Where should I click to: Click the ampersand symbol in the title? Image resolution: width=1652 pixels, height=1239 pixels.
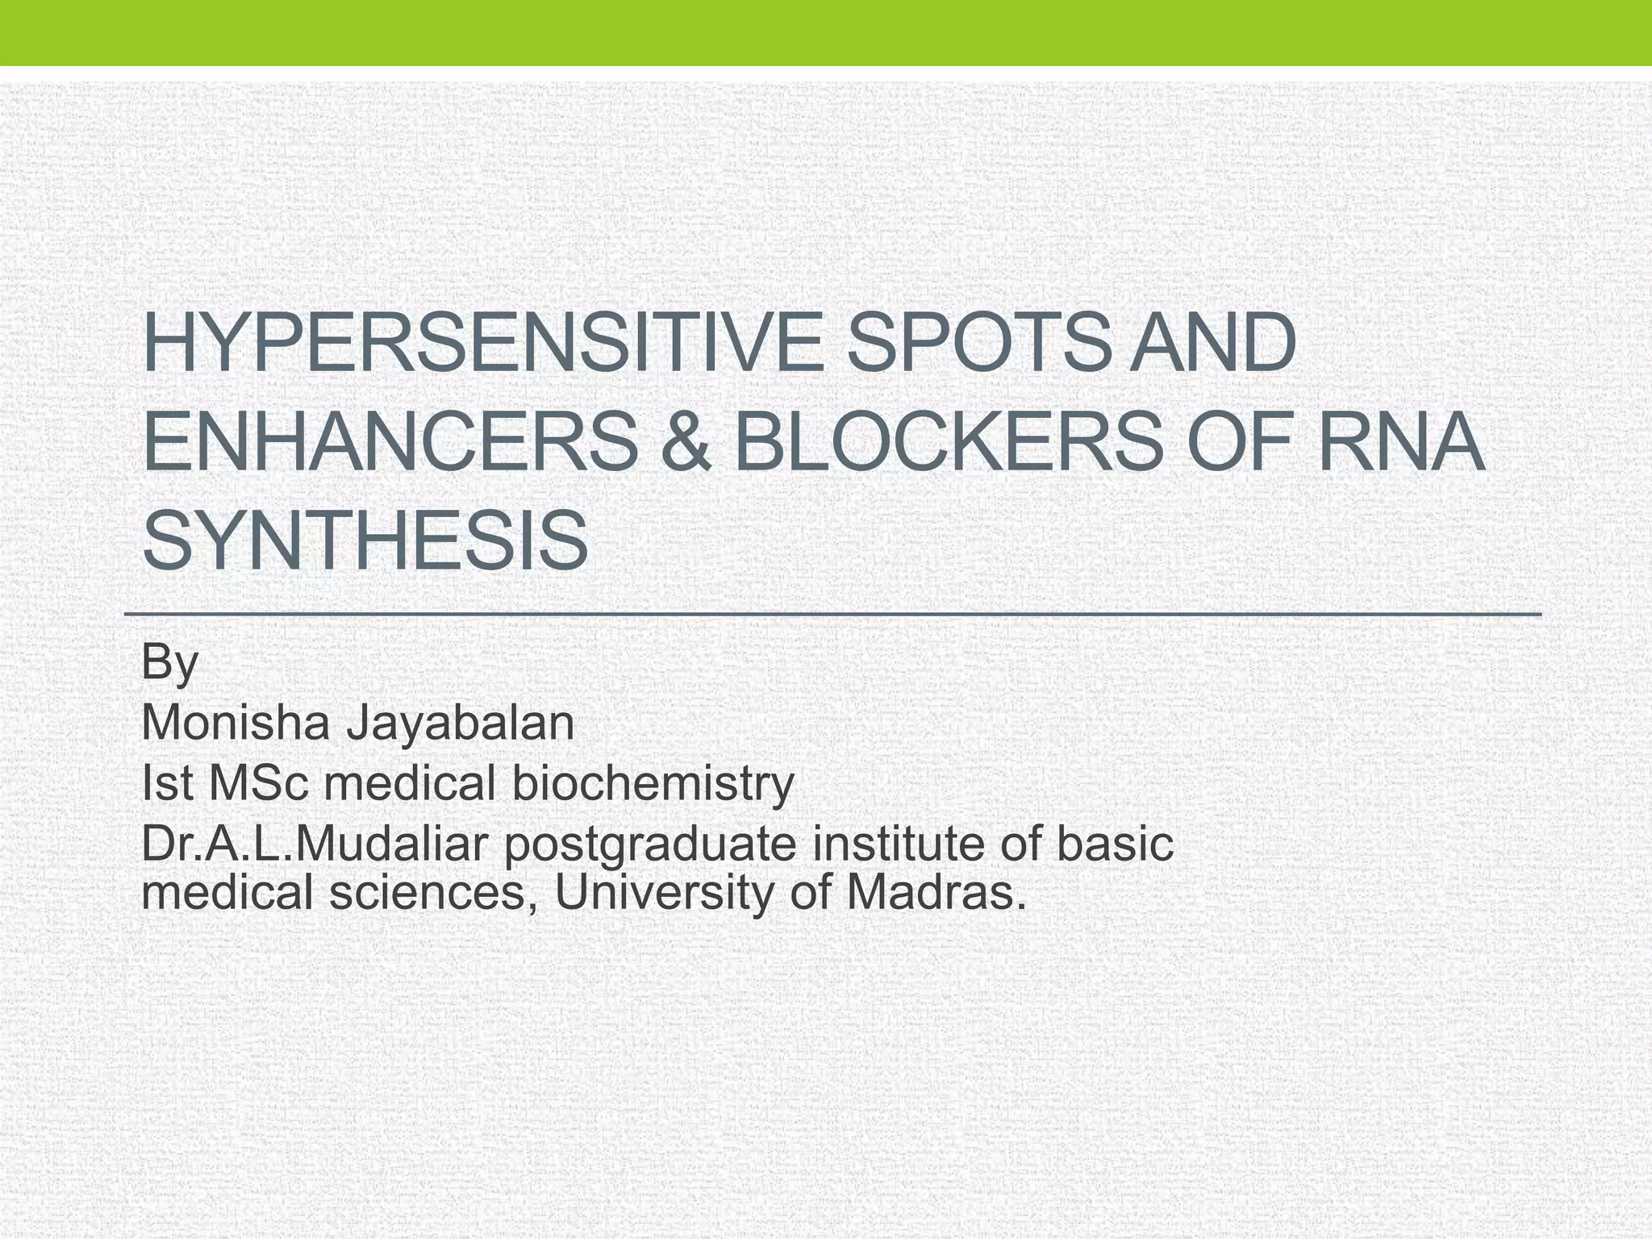(684, 443)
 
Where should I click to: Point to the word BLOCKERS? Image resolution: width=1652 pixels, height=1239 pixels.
(949, 443)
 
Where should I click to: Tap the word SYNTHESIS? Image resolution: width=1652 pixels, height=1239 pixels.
(365, 540)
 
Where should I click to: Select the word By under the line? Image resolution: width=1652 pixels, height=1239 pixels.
(169, 663)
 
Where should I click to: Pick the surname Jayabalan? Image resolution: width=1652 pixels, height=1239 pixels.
(460, 723)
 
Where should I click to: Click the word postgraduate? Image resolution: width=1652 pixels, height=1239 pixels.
(649, 845)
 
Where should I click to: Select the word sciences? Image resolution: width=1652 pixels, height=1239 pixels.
(428, 893)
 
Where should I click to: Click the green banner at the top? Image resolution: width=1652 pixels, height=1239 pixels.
(826, 32)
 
